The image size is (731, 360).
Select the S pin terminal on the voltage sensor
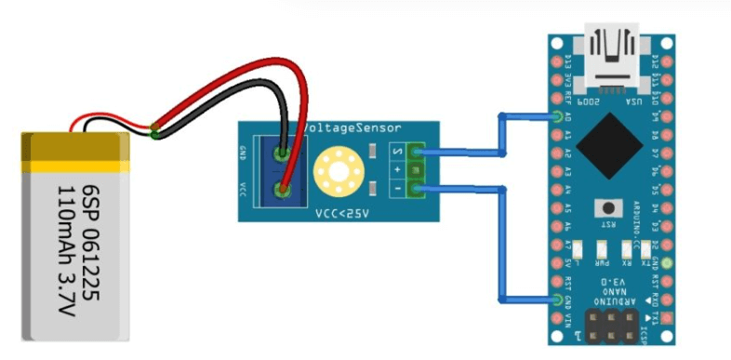414,153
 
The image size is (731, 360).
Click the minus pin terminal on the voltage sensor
414,190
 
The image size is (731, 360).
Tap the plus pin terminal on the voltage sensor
414,171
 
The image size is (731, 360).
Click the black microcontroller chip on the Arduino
609,143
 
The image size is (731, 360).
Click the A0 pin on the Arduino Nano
558,118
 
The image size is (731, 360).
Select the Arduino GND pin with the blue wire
558,300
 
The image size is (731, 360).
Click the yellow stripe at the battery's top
74,165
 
